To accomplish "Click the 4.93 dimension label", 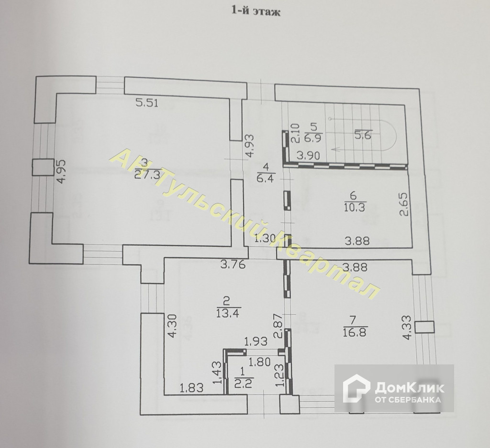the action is [248, 147].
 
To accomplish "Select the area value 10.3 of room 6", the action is [354, 206].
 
